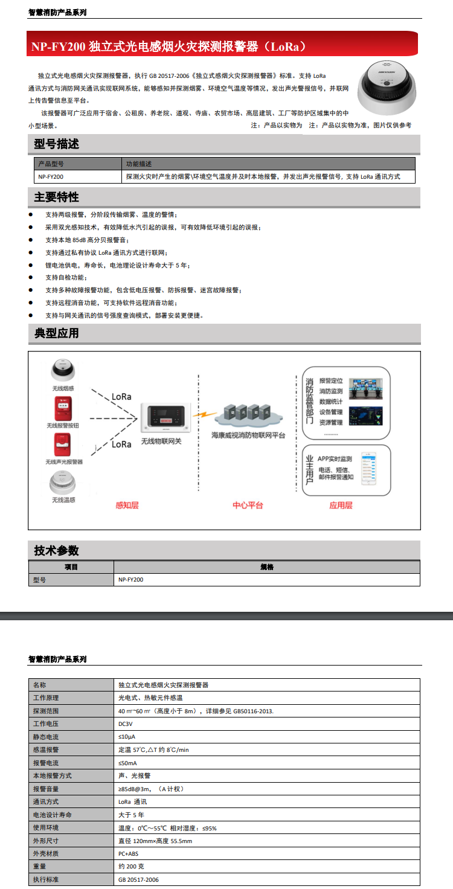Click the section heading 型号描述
57,144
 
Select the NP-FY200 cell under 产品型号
51,177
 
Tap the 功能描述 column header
139,164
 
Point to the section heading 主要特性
57,197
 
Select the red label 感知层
127,505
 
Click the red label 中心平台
248,505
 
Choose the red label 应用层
341,505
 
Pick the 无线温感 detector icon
62,483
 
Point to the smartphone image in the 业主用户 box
368,468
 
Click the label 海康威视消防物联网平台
248,435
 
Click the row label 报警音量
46,789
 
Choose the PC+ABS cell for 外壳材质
128,853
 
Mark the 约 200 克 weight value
131,867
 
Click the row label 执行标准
46,879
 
